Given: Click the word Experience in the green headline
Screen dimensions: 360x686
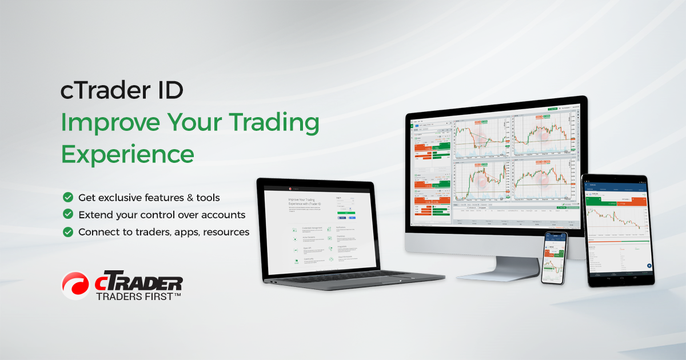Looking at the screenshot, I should (127, 154).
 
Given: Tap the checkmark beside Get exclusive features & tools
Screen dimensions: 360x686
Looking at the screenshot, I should (68, 197).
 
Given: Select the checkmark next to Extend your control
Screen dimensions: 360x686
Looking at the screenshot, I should (68, 215).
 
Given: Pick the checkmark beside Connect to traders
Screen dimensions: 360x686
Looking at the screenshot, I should (68, 232).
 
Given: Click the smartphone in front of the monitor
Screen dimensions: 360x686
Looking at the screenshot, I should (555, 257).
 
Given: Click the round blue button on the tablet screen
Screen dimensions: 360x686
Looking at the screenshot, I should (649, 266).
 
